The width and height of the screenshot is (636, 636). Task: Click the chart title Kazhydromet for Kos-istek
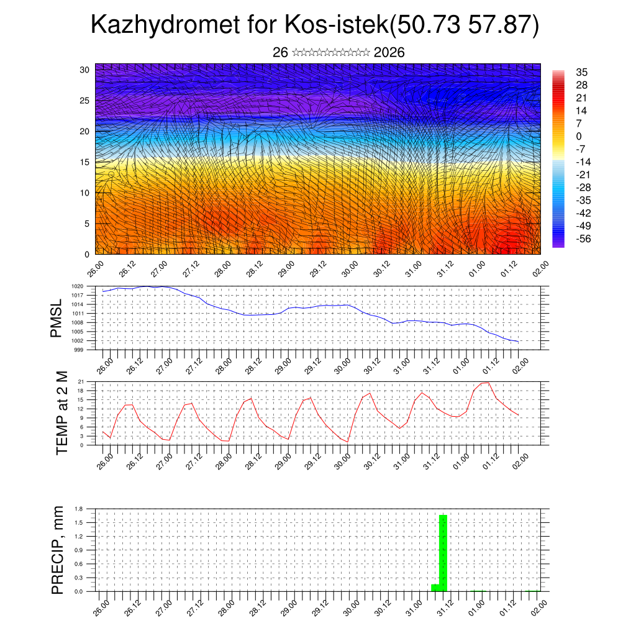click(314, 25)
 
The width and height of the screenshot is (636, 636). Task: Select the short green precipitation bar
click(435, 588)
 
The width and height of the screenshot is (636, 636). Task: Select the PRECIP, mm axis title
click(58, 549)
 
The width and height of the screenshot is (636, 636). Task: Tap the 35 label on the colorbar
click(581, 73)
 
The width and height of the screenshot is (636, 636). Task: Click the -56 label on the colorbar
click(583, 238)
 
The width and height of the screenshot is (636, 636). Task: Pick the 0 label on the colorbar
click(579, 136)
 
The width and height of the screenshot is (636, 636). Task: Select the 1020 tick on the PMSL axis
click(77, 286)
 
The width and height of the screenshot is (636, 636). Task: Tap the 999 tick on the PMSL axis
click(78, 350)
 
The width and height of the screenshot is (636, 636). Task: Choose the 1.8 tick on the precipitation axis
click(79, 509)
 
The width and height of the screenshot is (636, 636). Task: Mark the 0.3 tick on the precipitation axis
click(79, 578)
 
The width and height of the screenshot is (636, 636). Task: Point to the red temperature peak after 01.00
click(485, 383)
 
